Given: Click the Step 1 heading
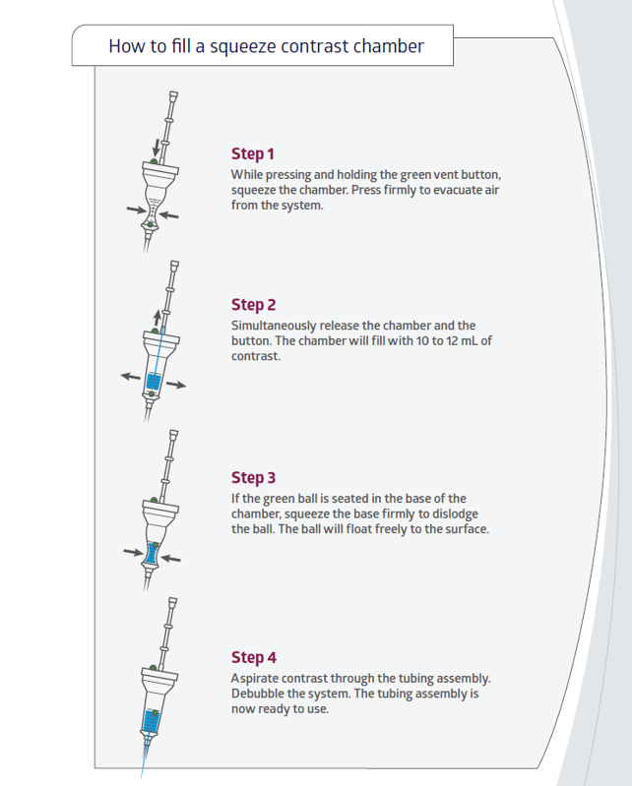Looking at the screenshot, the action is point(252,153).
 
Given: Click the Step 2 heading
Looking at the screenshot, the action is point(253,305).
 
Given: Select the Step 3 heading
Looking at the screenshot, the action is point(253,478).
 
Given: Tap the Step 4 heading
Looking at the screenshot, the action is point(254,657).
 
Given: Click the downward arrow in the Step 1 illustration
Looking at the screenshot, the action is point(157,148).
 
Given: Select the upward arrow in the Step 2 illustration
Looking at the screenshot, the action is point(158,319).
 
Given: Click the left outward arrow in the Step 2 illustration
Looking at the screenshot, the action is point(130,376).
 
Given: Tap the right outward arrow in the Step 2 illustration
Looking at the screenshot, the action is point(176,385).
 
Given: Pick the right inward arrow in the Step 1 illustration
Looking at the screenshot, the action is point(169,215).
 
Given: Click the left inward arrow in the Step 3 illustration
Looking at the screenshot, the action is point(134,552).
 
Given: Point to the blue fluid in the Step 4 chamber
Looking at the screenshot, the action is point(151,722).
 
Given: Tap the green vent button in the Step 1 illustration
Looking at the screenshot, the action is point(154,161).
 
